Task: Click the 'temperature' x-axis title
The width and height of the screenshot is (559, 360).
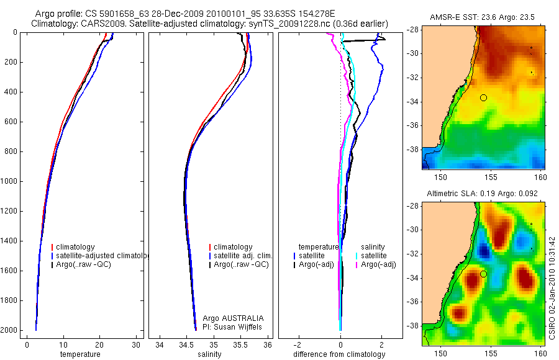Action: (x=80, y=354)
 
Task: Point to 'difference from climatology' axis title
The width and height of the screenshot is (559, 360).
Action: (x=339, y=354)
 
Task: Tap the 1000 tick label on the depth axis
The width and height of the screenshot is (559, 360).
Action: (x=11, y=181)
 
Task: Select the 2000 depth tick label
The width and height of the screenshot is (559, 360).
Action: (x=11, y=330)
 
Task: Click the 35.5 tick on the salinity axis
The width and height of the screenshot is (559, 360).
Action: (x=241, y=344)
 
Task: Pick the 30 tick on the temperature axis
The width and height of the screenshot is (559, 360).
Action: (x=137, y=344)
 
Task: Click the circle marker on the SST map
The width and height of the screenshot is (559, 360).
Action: (x=483, y=97)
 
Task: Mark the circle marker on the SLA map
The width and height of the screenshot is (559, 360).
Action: (x=483, y=274)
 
